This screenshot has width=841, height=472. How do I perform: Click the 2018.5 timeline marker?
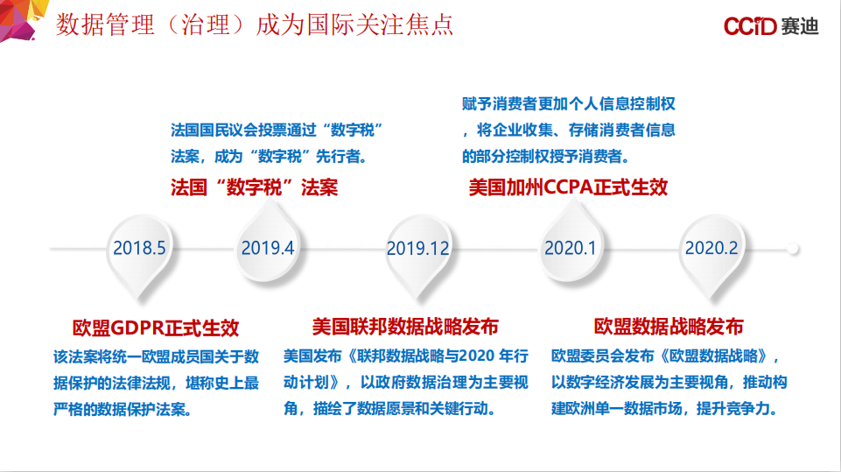pyautogui.click(x=139, y=252)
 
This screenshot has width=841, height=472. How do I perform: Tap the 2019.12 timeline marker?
pyautogui.click(x=418, y=252)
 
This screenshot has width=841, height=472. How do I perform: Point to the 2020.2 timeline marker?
pyautogui.click(x=711, y=252)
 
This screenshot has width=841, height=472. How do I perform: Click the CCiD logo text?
pyautogui.click(x=750, y=25)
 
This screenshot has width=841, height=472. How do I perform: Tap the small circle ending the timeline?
pyautogui.click(x=793, y=249)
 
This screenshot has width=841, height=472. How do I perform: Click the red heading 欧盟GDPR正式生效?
pyautogui.click(x=156, y=328)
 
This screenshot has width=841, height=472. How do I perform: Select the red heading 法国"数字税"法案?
pyautogui.click(x=255, y=187)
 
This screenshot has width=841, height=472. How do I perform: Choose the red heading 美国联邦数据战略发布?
pyautogui.click(x=405, y=327)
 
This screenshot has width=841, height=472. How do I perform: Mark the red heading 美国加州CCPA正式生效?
pyautogui.click(x=568, y=187)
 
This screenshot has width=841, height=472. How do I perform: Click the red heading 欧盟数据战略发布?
pyautogui.click(x=669, y=327)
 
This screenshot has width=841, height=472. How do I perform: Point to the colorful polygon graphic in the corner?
pyautogui.click(x=18, y=18)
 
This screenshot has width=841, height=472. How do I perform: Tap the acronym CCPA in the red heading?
pyautogui.click(x=567, y=187)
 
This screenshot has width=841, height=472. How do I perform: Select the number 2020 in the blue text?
pyautogui.click(x=477, y=356)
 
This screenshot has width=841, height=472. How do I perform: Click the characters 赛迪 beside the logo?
pyautogui.click(x=800, y=25)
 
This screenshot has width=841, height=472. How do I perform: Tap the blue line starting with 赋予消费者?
pyautogui.click(x=569, y=103)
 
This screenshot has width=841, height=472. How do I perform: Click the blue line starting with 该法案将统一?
pyautogui.click(x=156, y=356)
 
